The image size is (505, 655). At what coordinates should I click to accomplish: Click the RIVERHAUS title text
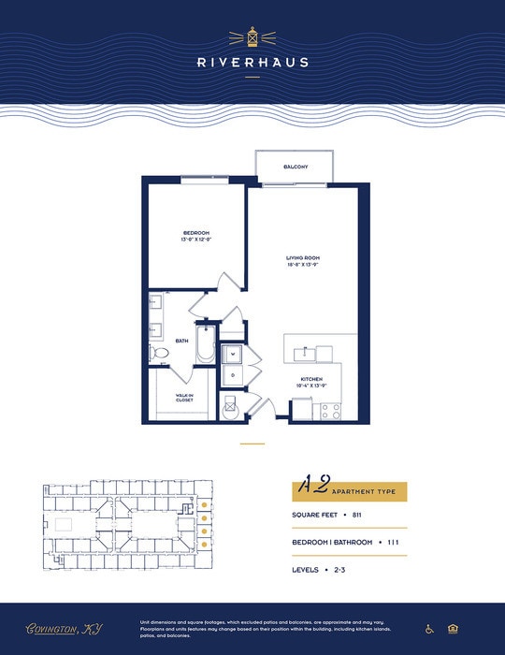(x=252, y=63)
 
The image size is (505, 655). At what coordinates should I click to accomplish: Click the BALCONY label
(x=296, y=167)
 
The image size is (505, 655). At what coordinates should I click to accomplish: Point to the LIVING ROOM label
(x=303, y=260)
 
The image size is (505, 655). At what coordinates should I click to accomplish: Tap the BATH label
(x=182, y=341)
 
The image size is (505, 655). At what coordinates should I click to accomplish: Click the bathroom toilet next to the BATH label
(x=159, y=353)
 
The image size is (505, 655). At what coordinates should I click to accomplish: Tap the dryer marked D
(x=233, y=375)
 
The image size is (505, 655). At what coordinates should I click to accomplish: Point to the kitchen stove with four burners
(x=330, y=409)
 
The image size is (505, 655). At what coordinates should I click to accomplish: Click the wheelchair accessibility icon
(x=429, y=629)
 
